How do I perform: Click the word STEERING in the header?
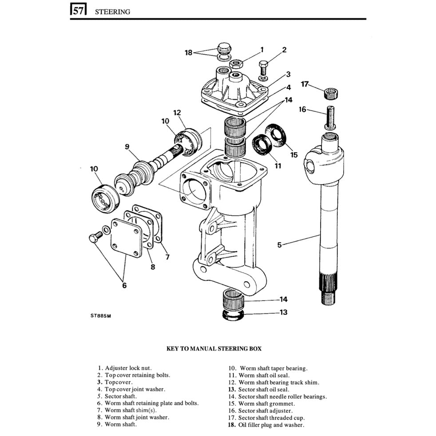[113, 12]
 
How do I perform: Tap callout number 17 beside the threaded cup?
[305, 84]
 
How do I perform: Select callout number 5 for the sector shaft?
[279, 244]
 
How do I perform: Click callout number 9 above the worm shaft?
[127, 146]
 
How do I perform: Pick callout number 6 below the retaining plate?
[124, 285]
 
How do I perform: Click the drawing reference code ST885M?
[99, 316]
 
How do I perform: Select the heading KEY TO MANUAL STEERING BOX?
[214, 349]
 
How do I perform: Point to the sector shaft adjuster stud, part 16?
[331, 118]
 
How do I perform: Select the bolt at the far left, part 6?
[94, 239]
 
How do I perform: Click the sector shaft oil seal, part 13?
[234, 313]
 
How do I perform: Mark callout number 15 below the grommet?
[293, 155]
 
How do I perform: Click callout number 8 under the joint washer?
[152, 267]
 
